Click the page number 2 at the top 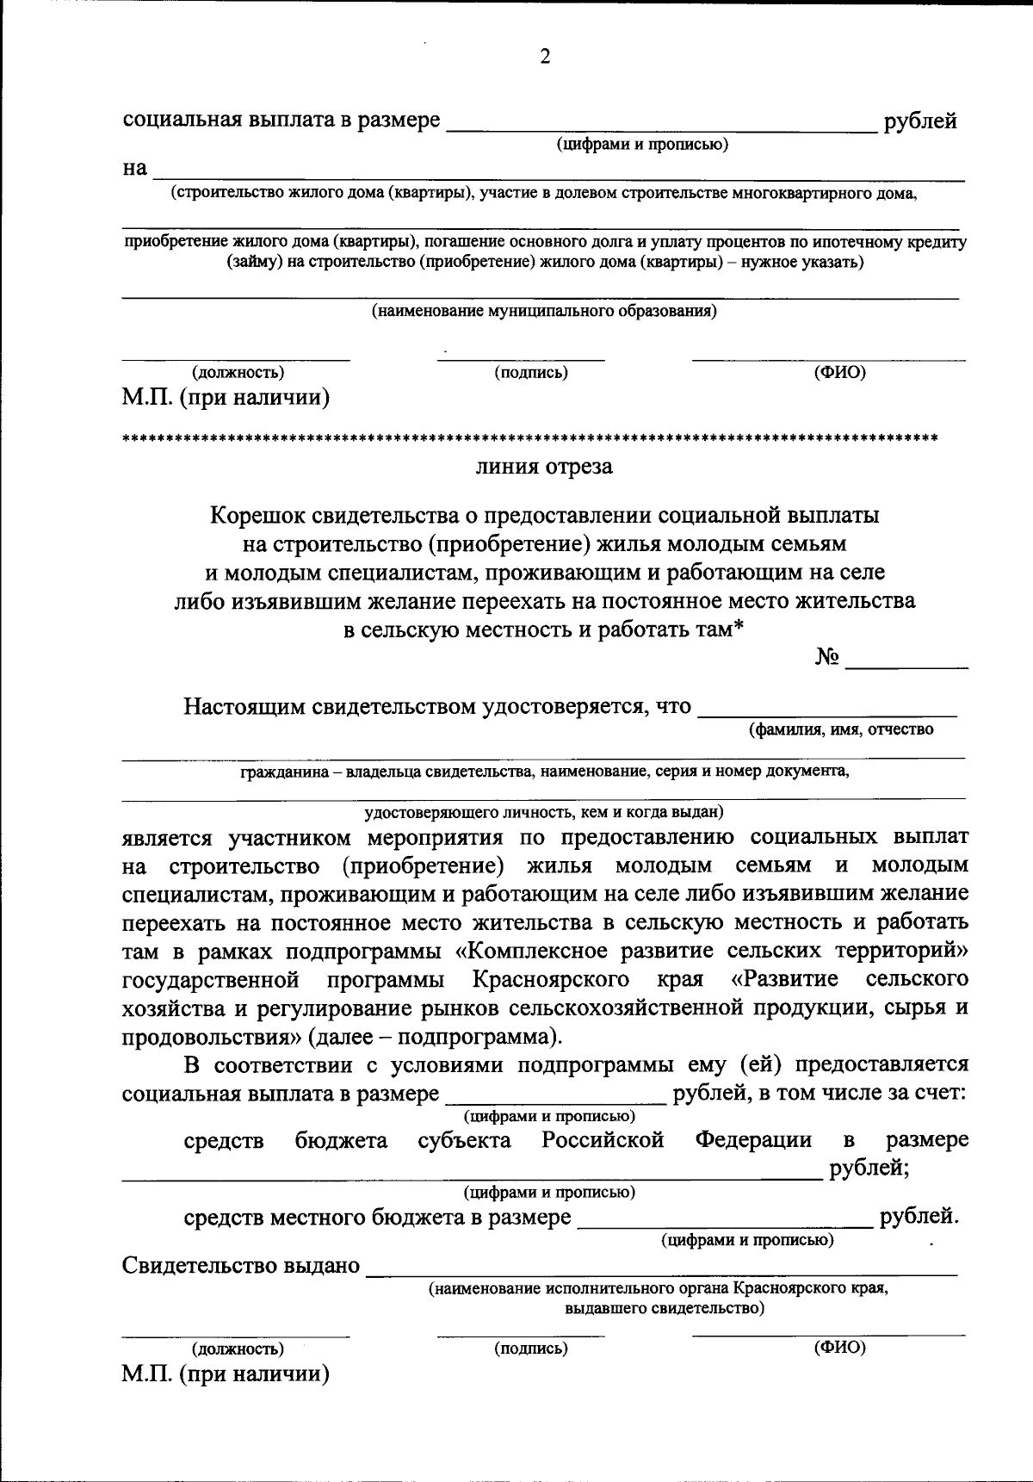[x=544, y=58]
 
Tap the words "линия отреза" [x=544, y=468]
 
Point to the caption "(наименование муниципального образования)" [x=544, y=312]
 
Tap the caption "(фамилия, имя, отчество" [x=840, y=730]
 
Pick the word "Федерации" [x=753, y=1141]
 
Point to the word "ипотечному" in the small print [x=845, y=243]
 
